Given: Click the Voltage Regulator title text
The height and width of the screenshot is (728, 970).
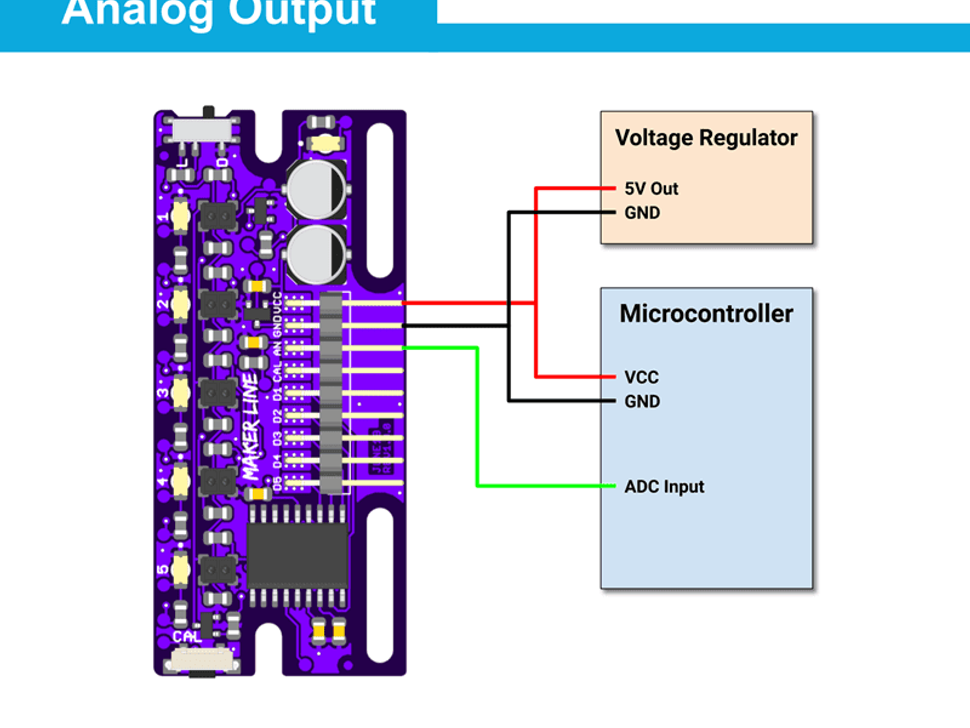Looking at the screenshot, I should (x=706, y=138).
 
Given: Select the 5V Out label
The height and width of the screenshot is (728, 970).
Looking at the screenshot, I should (x=651, y=188).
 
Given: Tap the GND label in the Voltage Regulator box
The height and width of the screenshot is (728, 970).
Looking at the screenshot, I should (x=642, y=213).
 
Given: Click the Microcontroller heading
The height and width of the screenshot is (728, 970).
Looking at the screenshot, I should (x=706, y=313).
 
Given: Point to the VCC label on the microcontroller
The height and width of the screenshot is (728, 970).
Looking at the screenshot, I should (x=641, y=377).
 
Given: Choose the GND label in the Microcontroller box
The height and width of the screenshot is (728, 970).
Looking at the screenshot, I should (x=642, y=401).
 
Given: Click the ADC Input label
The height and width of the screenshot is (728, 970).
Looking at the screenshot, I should (x=664, y=487).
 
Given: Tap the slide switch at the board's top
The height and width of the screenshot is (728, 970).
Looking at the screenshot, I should (x=205, y=128).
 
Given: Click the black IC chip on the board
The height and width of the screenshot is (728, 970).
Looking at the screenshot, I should (x=297, y=556).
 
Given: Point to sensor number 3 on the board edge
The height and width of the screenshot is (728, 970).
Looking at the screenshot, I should (x=181, y=392).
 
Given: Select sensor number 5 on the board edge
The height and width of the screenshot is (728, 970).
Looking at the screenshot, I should (x=181, y=569).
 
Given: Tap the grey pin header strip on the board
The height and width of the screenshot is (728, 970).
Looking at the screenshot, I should (x=332, y=394).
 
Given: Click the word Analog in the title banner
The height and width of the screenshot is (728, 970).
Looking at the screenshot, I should (x=139, y=12).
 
